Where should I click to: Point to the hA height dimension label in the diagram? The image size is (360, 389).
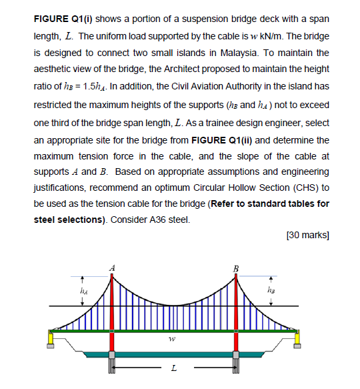click(84, 290)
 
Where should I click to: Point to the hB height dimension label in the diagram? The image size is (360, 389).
click(270, 290)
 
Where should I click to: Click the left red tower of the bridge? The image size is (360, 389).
click(113, 307)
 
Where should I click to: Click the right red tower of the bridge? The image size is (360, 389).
click(235, 307)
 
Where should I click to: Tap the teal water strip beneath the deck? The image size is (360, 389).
click(174, 353)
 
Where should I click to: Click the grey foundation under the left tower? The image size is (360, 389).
click(113, 364)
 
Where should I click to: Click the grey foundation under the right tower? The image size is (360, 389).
click(235, 364)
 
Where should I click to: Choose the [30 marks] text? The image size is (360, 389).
click(307, 236)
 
